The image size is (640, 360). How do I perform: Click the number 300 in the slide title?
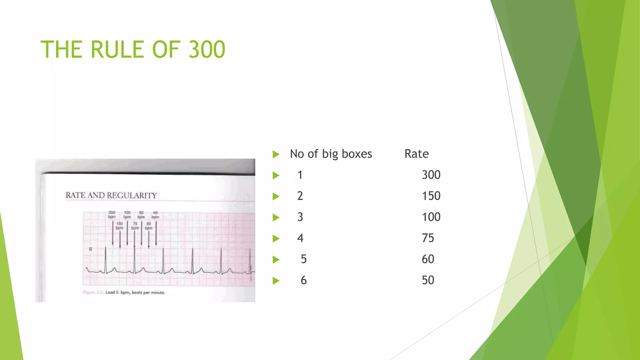(207, 49)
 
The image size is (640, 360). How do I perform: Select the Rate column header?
(416, 154)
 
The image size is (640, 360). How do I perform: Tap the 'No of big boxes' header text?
(331, 154)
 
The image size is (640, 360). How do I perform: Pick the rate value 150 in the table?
(431, 196)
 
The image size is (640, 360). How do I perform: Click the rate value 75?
(428, 238)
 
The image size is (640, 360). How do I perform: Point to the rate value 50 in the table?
(428, 280)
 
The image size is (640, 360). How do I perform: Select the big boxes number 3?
(300, 217)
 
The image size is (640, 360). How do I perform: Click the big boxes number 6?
(303, 280)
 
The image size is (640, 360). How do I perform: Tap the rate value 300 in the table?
(431, 175)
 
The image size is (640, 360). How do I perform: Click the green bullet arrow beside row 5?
(276, 259)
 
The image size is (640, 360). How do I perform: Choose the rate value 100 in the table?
(431, 217)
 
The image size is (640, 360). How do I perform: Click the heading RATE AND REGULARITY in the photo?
(111, 195)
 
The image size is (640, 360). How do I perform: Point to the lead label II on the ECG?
(91, 249)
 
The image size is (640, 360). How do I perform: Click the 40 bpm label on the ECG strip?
(155, 215)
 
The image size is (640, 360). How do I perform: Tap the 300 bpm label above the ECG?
(112, 215)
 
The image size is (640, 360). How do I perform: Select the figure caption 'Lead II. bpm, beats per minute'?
(135, 292)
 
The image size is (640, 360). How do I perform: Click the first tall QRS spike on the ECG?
(106, 259)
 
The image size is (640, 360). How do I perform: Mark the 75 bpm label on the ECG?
(135, 226)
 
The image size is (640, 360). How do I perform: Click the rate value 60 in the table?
(428, 259)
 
